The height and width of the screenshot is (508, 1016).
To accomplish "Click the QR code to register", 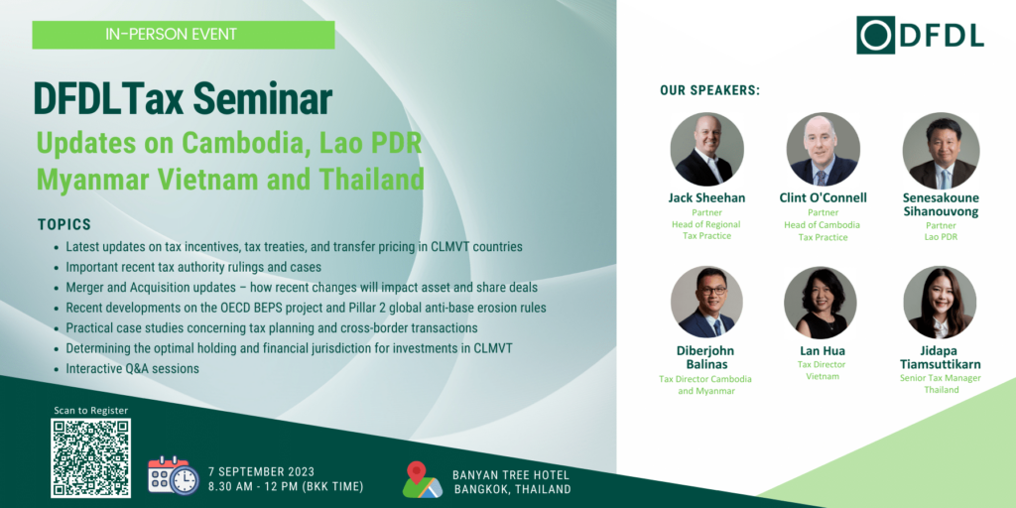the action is coord(90,458).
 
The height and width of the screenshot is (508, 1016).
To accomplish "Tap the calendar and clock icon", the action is coord(173,475).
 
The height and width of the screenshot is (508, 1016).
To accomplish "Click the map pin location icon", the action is coord(422,479).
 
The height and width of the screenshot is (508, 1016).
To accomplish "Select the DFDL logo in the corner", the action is coord(920,35).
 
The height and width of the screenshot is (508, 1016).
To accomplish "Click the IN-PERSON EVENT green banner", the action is coord(184,35).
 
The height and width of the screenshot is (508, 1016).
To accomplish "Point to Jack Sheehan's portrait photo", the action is coord(706,150).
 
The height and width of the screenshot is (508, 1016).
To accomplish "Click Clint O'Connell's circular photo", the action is coord(823,150).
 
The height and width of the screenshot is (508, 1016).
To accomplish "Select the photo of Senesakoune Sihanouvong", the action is coord(941,151).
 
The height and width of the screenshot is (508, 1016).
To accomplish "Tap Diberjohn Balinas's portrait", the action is coord(706,302).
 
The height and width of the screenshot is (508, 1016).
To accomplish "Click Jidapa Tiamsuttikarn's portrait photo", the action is coord(941,302).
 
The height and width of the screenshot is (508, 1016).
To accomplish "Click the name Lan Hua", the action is coord(823,351).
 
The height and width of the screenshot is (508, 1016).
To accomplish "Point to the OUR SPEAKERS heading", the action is coord(709,90).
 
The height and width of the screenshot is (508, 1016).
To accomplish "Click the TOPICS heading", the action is coord(64,225).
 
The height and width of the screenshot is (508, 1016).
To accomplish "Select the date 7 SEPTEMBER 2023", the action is coord(262,471).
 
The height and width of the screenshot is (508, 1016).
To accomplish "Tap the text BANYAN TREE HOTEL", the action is coord(511,475).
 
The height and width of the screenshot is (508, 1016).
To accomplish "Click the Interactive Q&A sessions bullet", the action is coord(132,369).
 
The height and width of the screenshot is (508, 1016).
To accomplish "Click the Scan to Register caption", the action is coord(90,410).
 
